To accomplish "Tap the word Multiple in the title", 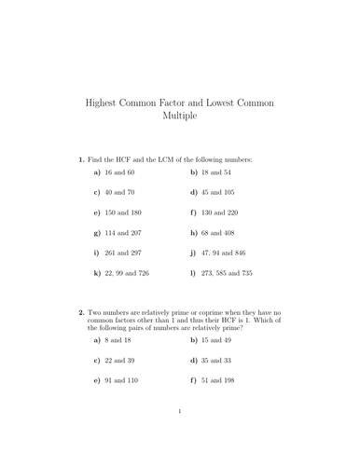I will [180, 119].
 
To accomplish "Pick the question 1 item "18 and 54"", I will [217, 173].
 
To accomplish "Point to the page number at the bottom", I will [180, 435].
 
